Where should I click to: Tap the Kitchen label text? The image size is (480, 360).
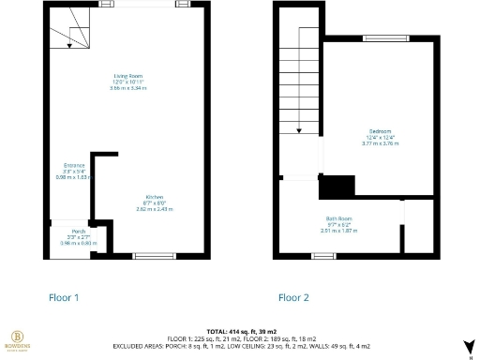click(x=129, y=197)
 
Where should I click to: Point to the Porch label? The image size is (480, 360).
click(x=79, y=231)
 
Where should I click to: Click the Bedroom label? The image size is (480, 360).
click(x=380, y=131)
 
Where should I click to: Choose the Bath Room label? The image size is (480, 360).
click(x=338, y=217)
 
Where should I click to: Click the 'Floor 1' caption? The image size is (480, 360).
click(x=64, y=297)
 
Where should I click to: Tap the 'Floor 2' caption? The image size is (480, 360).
click(x=293, y=297)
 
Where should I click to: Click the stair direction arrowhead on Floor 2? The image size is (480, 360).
click(x=298, y=132)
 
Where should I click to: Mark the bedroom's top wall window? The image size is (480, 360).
click(x=379, y=38)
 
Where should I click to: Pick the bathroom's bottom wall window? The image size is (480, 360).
click(x=323, y=255)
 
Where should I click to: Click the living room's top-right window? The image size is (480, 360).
click(x=186, y=4)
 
